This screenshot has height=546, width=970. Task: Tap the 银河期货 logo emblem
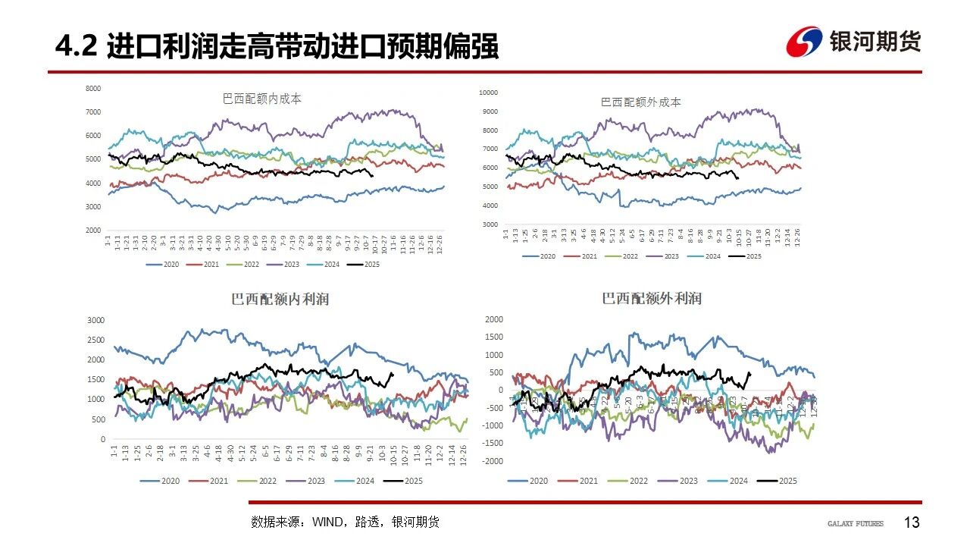[804, 42]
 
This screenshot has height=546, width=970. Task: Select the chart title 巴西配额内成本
[262, 99]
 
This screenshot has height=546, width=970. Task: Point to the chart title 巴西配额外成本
[641, 102]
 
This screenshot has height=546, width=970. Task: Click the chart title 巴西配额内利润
[280, 300]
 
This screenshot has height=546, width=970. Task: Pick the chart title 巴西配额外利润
[652, 299]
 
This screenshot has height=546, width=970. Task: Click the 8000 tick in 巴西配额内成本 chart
[93, 89]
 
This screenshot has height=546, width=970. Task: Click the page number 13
[912, 522]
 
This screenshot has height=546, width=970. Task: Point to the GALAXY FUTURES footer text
[855, 523]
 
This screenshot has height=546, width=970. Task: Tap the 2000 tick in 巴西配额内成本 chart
[93, 230]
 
